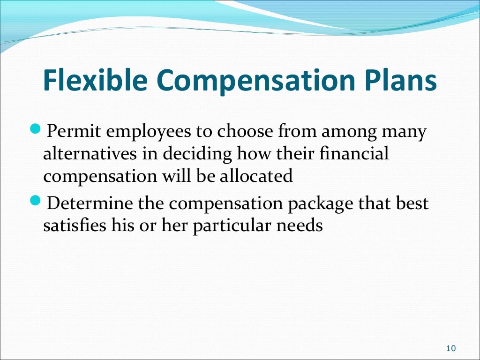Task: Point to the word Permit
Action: tap(73, 132)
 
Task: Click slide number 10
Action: tap(451, 348)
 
